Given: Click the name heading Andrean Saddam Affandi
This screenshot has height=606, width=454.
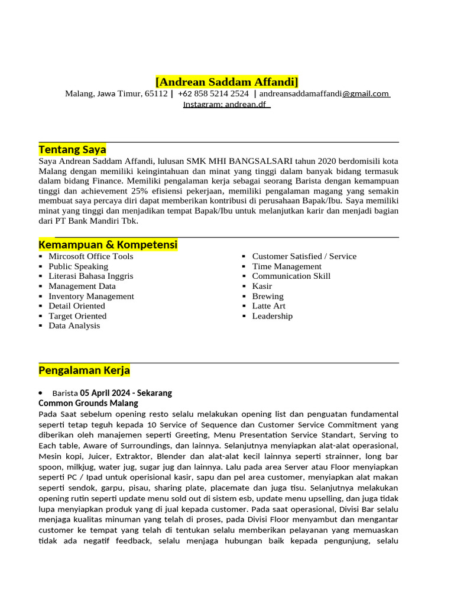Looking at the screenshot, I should click(227, 81).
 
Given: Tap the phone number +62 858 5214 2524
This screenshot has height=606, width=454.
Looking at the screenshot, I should click(213, 94).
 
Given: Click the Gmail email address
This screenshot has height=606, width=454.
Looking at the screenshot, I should click(324, 94).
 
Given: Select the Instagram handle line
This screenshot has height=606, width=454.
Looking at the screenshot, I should click(226, 104).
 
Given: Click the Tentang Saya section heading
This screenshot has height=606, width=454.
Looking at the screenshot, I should click(72, 149).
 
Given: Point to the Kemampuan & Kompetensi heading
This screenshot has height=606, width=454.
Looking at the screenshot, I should click(108, 244).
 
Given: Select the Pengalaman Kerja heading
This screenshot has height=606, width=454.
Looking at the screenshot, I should click(84, 370).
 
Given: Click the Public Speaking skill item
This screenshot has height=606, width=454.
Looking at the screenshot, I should click(78, 266).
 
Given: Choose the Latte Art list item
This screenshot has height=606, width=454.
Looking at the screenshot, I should click(268, 306).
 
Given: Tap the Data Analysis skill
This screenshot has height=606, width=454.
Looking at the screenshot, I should click(74, 325).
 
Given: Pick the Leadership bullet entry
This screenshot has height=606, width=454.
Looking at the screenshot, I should click(272, 316).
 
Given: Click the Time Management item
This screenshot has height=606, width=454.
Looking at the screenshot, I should click(287, 266).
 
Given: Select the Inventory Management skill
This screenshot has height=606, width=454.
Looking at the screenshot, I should click(91, 296).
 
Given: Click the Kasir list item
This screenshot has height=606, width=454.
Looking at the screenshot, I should click(262, 286).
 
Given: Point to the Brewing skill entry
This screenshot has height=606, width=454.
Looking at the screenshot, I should click(268, 296).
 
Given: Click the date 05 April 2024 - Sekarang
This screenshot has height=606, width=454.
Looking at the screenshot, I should click(126, 393).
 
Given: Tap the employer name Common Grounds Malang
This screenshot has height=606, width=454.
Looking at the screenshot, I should click(88, 403).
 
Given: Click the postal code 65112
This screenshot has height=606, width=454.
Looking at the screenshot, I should click(156, 94).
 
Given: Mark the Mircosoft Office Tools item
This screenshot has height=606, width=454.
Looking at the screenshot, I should click(90, 256).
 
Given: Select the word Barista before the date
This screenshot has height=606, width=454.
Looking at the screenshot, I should click(65, 393).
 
